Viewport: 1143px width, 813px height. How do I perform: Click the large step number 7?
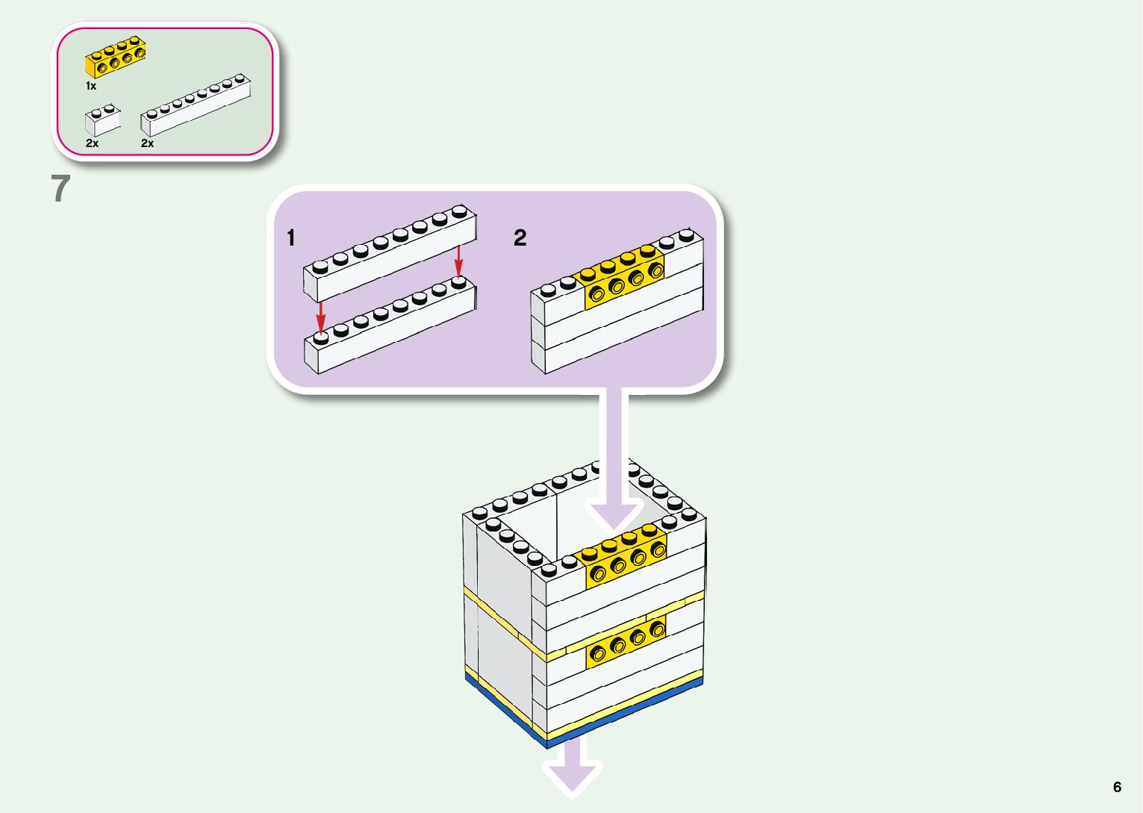pos(60,188)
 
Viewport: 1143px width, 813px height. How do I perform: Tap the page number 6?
pos(1117,787)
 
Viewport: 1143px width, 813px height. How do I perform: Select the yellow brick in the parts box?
pos(115,58)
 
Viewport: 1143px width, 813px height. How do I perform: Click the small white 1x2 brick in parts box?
pos(102,121)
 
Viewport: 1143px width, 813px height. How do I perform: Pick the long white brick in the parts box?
pos(196,105)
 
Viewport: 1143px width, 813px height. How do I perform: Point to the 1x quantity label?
pos(90,87)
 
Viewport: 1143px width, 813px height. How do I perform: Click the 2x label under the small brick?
pos(92,143)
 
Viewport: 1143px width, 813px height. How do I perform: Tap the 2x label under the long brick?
pos(147,143)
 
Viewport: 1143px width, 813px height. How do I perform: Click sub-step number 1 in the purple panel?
pos(291,238)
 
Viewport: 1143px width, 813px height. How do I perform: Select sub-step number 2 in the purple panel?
pos(520,238)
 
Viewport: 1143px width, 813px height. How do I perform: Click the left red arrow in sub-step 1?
pos(321,317)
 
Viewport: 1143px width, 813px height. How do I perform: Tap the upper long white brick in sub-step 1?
pos(388,258)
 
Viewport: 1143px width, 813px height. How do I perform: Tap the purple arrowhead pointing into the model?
pos(612,515)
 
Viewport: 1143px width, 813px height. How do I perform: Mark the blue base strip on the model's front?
pos(627,709)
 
